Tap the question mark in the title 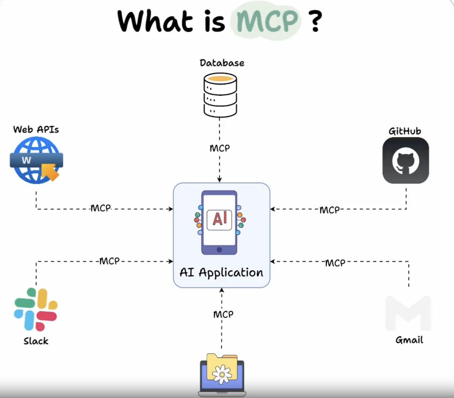(x=316, y=21)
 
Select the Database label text (x=222, y=63)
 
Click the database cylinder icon (x=220, y=95)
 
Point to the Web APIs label (x=36, y=129)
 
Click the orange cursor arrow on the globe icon (x=50, y=172)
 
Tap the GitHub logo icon (x=406, y=161)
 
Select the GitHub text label (x=404, y=131)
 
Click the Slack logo (x=35, y=309)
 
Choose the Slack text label (x=36, y=341)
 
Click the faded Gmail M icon (x=408, y=313)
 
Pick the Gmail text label (x=409, y=340)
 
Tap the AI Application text (x=221, y=272)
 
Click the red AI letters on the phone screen (x=220, y=219)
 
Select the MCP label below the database (x=220, y=148)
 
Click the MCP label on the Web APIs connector (x=101, y=208)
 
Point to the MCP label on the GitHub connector (x=330, y=210)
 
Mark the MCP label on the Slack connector (x=109, y=261)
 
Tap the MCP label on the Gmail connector (x=335, y=263)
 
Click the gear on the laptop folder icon (x=221, y=374)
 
